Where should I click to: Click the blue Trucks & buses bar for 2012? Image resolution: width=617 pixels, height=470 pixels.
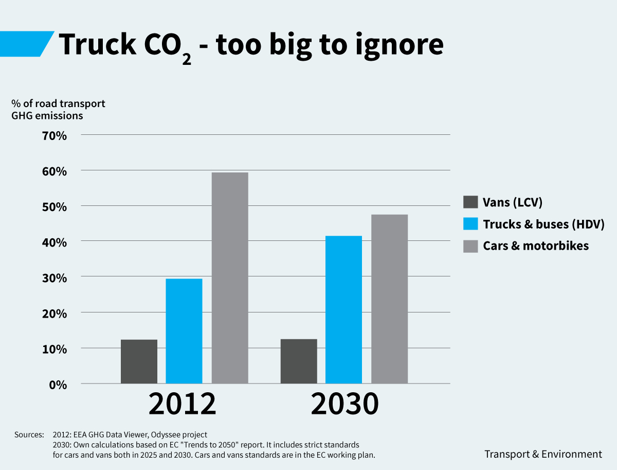point(184,331)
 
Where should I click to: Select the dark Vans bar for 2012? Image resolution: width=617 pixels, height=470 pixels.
point(139,361)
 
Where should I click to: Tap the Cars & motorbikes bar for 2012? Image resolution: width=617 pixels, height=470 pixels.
point(230,278)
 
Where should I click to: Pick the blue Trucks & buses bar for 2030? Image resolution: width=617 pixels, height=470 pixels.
point(343,309)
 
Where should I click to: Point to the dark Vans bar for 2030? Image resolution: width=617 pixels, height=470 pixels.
point(299,361)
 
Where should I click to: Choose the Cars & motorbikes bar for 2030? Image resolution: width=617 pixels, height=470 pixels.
point(389,299)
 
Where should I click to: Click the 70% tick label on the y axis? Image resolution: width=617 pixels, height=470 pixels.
point(51,136)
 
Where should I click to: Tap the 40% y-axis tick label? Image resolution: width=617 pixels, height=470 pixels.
point(51,242)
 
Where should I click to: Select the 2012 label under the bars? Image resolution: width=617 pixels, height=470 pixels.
point(183,405)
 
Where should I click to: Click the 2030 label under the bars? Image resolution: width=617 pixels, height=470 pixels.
point(344,405)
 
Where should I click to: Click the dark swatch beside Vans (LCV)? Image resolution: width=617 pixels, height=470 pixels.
point(470,202)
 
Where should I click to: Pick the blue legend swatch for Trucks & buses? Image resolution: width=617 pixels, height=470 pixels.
point(470,224)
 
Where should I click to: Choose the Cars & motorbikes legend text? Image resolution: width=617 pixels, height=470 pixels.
point(536,246)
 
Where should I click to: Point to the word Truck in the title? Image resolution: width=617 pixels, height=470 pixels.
point(97,45)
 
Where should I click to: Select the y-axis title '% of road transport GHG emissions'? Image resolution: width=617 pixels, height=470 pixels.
point(58,109)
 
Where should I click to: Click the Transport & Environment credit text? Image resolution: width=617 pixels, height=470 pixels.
point(543,454)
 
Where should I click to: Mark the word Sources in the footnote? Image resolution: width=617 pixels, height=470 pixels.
point(29,435)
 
